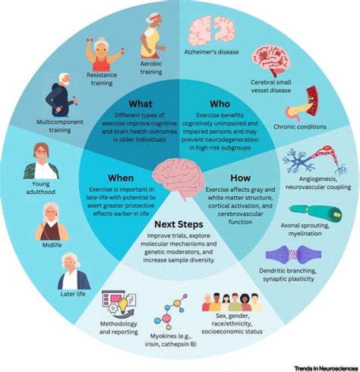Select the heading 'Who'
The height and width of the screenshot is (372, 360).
(x=220, y=104)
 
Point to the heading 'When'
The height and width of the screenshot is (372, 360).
(x=120, y=178)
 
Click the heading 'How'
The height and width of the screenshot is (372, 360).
(x=240, y=178)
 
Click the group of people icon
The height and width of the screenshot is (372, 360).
(x=232, y=302)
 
